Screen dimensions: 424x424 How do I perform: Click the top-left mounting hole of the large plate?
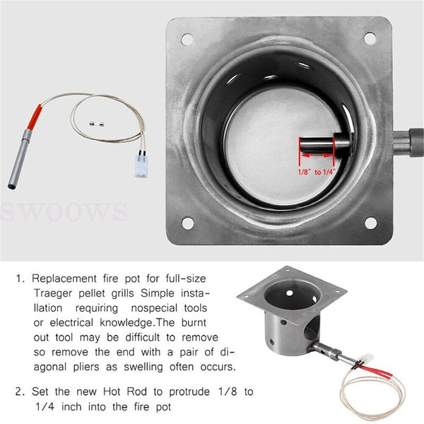pyautogui.click(x=187, y=39)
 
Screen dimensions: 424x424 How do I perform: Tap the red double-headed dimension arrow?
pyautogui.click(x=316, y=152)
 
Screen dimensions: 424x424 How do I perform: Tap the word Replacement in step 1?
pyautogui.click(x=66, y=278)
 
